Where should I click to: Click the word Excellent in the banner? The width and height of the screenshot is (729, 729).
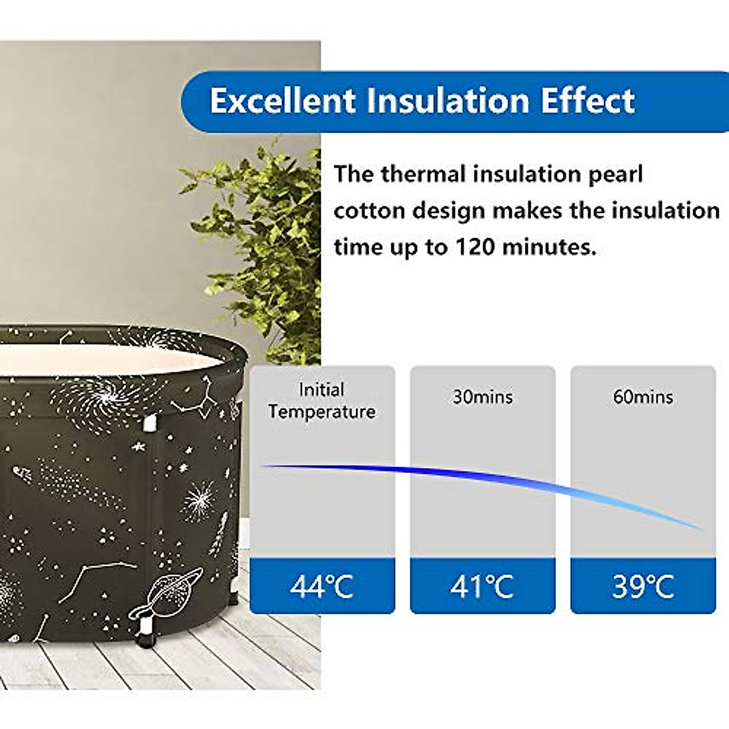[282, 101]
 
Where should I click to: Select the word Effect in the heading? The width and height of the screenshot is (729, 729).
[588, 101]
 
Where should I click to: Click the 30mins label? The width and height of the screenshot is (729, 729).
[483, 397]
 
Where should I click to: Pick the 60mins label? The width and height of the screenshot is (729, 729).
[643, 397]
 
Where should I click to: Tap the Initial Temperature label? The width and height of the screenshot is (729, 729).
[321, 401]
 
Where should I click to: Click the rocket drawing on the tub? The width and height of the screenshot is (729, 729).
[220, 534]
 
